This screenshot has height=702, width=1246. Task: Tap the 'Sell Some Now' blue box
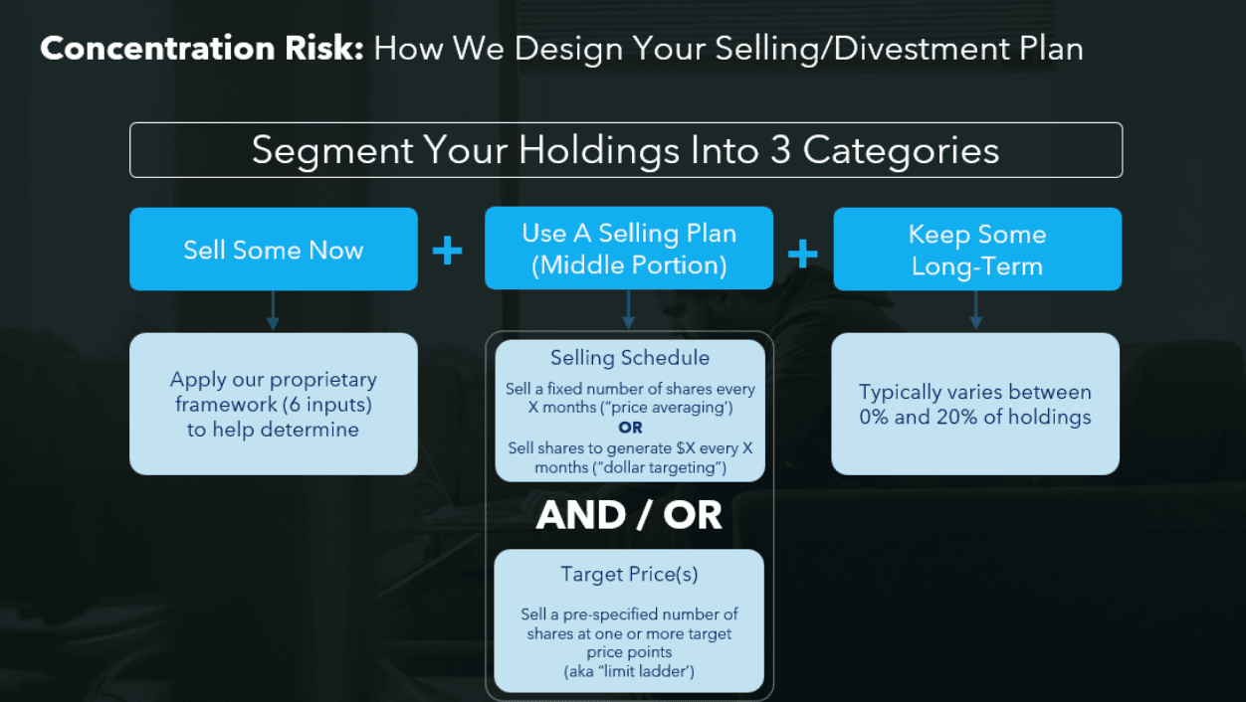click(x=273, y=250)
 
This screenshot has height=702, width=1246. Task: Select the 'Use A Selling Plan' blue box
click(x=629, y=249)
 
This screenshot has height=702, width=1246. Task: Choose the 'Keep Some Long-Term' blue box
click(x=976, y=250)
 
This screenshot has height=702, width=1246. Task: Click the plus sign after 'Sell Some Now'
click(x=447, y=251)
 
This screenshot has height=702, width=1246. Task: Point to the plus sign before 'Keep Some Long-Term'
click(x=802, y=253)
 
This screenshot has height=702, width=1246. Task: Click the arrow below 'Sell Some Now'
click(x=273, y=312)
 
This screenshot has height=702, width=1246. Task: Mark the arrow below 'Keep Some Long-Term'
click(x=975, y=312)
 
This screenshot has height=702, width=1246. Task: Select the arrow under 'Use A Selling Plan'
click(x=628, y=310)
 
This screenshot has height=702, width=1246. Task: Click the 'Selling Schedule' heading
click(x=630, y=358)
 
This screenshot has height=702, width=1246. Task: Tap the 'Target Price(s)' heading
click(x=629, y=574)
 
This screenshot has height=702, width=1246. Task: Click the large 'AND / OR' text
click(x=629, y=515)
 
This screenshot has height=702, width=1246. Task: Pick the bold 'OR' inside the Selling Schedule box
click(x=630, y=428)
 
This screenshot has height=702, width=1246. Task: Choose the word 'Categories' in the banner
click(x=901, y=150)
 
